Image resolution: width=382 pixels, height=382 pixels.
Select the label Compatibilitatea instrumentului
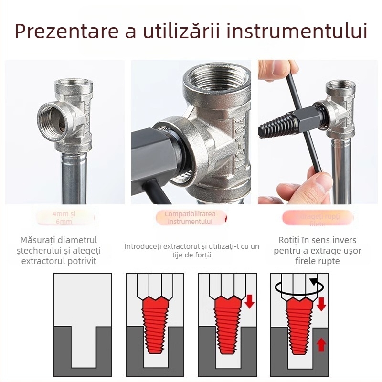click(x=190, y=218)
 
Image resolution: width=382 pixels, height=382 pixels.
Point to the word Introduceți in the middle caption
click(x=142, y=246)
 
